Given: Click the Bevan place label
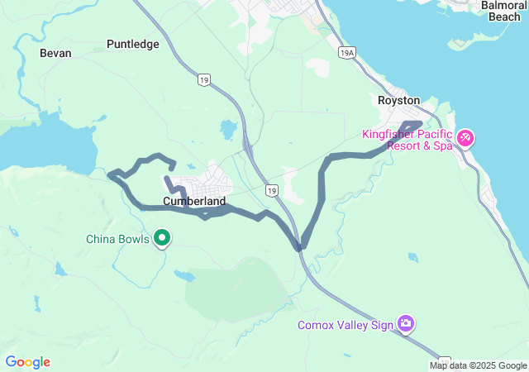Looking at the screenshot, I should coord(55,53).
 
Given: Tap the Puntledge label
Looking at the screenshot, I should coord(133,44).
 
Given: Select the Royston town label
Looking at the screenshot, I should coord(398,100).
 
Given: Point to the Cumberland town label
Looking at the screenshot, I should coord(194,201).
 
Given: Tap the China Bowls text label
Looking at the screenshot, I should coord(118,240).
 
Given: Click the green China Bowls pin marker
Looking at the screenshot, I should coord(163,239).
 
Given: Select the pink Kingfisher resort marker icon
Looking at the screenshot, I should coord(465,136).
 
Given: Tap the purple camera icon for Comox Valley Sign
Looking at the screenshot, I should coord(405,323).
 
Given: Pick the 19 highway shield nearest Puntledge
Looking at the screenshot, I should coord(204,80).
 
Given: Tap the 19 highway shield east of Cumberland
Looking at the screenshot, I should coord(271,190).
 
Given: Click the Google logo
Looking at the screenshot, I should coord(28,362).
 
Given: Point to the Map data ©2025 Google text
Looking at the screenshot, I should coord(478,365).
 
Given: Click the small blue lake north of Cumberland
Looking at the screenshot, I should coord(226,129).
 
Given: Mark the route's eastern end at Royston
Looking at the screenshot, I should coord(420,124).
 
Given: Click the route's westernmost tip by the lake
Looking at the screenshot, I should coord(110,174).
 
